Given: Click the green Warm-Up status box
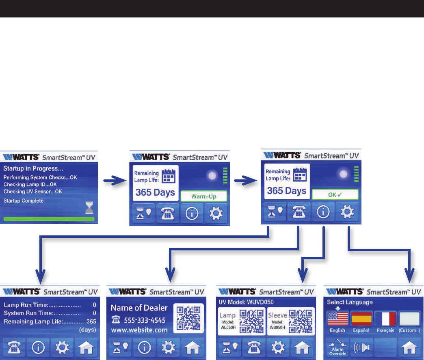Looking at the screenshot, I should [x=204, y=196].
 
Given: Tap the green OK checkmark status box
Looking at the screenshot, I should [x=335, y=194].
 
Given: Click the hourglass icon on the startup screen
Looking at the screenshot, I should [x=90, y=208].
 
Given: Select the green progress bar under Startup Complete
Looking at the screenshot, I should [x=49, y=219].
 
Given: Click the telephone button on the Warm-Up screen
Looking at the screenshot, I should [x=167, y=214].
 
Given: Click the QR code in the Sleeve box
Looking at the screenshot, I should [x=304, y=320].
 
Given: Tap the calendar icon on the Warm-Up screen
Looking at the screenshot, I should [x=168, y=177].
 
